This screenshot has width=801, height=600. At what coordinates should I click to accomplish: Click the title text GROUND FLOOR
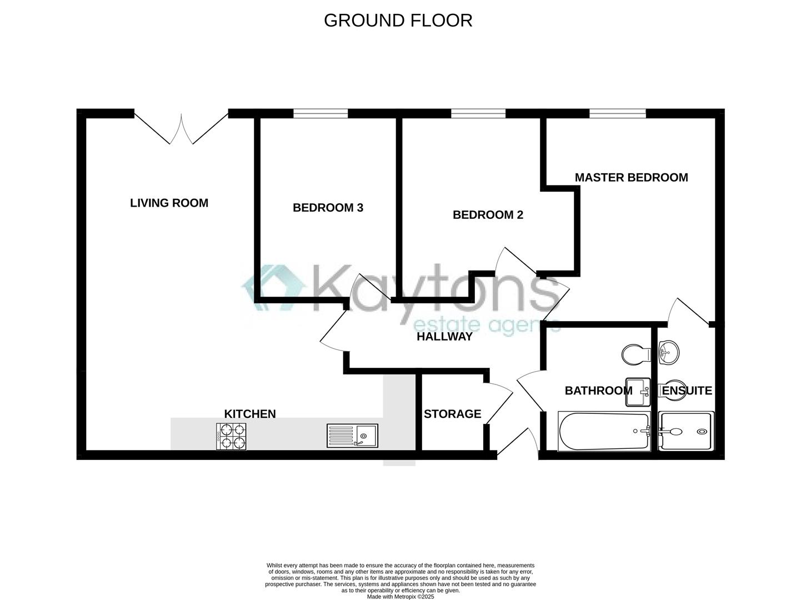click(x=398, y=21)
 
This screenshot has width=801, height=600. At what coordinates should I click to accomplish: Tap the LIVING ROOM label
click(x=169, y=203)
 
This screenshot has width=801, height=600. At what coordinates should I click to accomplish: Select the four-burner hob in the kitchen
click(x=231, y=437)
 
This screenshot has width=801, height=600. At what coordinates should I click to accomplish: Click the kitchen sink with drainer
click(x=352, y=436)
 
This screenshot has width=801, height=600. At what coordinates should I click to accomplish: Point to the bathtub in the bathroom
click(x=604, y=431)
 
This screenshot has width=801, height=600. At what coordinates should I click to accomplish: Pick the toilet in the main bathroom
click(x=636, y=354)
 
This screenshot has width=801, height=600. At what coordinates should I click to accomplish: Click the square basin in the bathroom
click(x=638, y=392)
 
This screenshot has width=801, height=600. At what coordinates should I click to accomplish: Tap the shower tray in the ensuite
click(x=686, y=431)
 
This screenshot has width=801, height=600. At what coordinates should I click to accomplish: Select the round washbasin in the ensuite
click(x=669, y=352)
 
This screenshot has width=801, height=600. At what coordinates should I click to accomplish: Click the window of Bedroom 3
click(x=321, y=113)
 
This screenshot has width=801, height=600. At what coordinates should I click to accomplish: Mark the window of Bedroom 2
click(x=478, y=113)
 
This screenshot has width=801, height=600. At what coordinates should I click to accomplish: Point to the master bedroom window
click(x=618, y=113)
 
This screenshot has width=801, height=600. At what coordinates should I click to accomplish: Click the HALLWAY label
click(x=444, y=337)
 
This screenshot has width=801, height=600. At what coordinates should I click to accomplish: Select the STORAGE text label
click(x=453, y=414)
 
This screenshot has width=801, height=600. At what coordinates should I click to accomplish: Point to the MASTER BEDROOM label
click(x=632, y=177)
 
